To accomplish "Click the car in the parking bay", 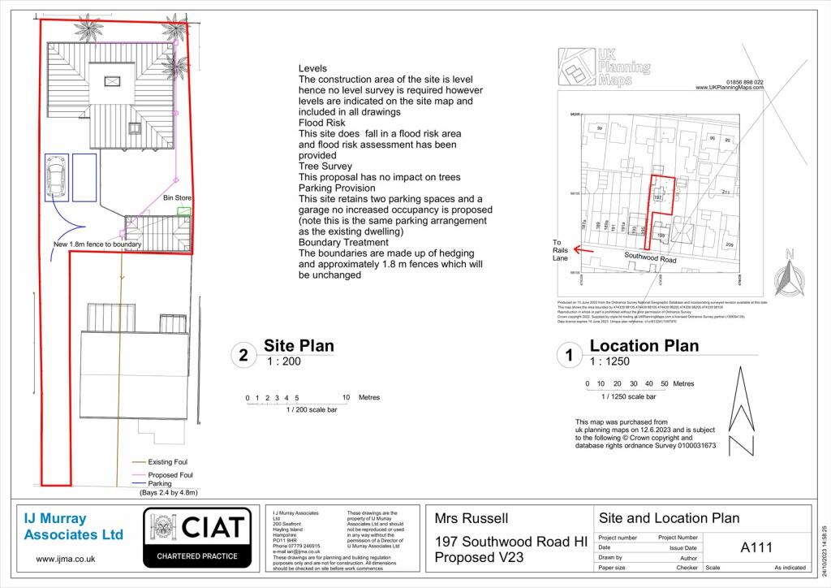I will pos(58,176).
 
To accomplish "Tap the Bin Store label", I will pos(177,197).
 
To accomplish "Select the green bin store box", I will pos(185,211).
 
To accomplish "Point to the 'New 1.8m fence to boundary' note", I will pos(97,244).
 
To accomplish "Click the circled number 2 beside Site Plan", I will pos(242,355).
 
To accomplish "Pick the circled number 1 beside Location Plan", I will pos(567,355).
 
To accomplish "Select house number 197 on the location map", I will pos(658,197).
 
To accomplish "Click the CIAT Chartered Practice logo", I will pos(195,536).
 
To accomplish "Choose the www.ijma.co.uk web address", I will pos(66,559).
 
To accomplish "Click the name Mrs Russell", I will pos(472,518).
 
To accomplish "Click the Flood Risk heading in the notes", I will pos(322,123).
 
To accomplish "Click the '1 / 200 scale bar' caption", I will pos(312,410).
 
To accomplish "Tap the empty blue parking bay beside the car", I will pos(85,176).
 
